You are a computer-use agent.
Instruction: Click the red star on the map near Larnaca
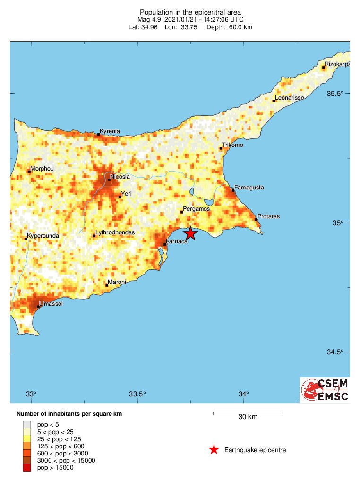pyautogui.click(x=190, y=233)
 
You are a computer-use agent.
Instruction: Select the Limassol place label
pyautogui.click(x=50, y=304)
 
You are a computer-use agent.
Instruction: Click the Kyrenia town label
pyautogui.click(x=110, y=131)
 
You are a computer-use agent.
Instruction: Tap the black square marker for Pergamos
pyautogui.click(x=182, y=212)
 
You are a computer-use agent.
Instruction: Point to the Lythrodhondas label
pyautogui.click(x=115, y=232)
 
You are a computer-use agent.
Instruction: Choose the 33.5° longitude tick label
pyautogui.click(x=137, y=394)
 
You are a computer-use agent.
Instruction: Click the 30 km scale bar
pyautogui.click(x=248, y=413)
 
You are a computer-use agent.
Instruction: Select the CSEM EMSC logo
pyautogui.click(x=325, y=390)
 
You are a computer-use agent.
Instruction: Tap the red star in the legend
pyautogui.click(x=214, y=450)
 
